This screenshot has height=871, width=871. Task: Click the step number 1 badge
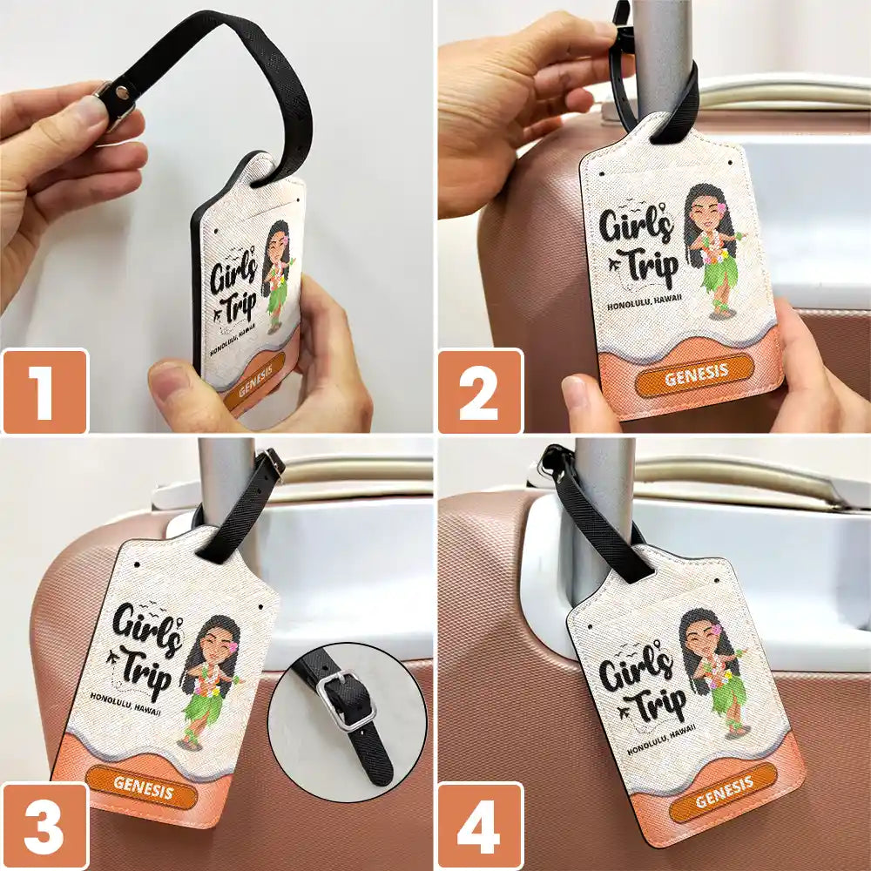[44, 392]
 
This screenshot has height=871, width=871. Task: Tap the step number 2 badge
[480, 392]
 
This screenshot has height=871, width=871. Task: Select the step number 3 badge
[44, 826]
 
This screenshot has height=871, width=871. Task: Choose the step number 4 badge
[480, 826]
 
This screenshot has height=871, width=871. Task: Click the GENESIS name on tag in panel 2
[694, 376]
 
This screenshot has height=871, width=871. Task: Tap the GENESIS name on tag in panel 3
[143, 792]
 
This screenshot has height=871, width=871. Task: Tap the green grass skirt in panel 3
[203, 706]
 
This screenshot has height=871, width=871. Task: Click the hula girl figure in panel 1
[277, 274]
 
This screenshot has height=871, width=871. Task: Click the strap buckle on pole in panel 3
[272, 464]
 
